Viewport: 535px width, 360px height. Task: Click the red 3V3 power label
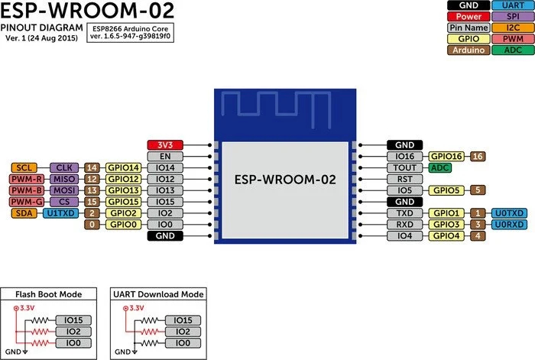[165, 144]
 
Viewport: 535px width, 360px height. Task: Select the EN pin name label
[165, 156]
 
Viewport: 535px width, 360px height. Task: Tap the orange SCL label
[24, 167]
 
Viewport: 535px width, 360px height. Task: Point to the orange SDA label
[24, 213]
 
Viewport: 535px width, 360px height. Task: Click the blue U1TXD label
[60, 213]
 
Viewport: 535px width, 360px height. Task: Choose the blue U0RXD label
[509, 225]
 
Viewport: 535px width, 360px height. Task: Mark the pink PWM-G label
[24, 202]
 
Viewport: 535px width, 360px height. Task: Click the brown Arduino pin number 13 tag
[92, 190]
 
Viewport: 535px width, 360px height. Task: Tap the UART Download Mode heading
[157, 294]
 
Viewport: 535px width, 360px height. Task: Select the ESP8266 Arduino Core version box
[125, 31]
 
